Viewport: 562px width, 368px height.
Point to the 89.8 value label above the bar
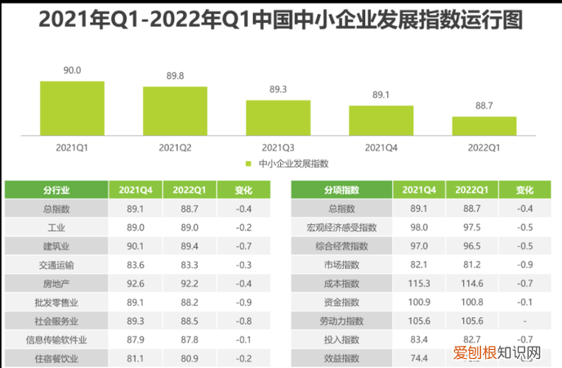click(x=175, y=75)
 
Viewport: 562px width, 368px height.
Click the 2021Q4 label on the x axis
click(x=381, y=148)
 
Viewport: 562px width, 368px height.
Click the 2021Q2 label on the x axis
click(x=175, y=148)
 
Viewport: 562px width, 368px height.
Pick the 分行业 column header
click(x=56, y=190)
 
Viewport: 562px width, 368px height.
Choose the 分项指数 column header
click(x=342, y=190)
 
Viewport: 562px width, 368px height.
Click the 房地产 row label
click(x=56, y=284)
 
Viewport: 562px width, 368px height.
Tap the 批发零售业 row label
click(x=56, y=303)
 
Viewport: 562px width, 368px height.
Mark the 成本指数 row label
click(x=342, y=284)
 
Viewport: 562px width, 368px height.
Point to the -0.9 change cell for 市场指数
click(x=524, y=265)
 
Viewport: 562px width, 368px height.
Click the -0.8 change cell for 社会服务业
click(x=243, y=321)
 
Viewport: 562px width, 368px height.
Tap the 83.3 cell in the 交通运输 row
click(x=190, y=265)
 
